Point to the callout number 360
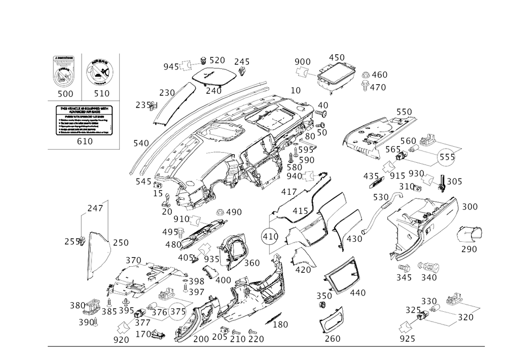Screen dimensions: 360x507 coord(251,264)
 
